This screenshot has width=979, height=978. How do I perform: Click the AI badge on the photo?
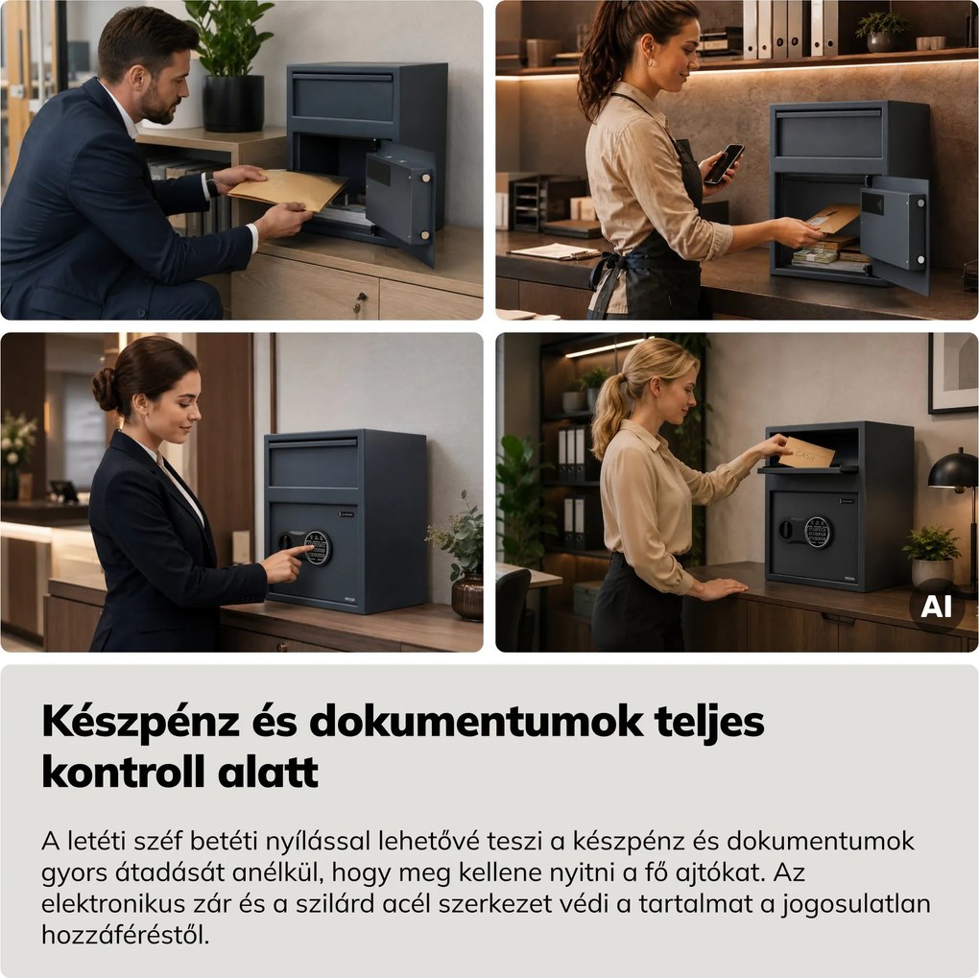pos(937,606)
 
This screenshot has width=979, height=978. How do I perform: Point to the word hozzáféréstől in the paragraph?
pos(126,936)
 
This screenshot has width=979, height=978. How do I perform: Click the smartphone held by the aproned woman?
pos(724,163)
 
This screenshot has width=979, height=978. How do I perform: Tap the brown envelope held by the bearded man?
pos(287,190)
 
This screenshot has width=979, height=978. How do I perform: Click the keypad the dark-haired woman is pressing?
pos(317,548)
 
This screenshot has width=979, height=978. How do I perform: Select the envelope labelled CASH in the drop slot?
pos(806,452)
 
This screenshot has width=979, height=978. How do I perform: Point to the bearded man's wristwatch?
pos(212,185)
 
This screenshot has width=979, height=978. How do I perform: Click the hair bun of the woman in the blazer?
pos(104,389)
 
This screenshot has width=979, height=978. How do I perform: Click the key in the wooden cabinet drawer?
pos(359,303)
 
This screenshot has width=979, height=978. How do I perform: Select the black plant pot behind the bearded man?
pos(233,104)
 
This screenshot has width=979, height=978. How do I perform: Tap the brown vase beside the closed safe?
pos(467,597)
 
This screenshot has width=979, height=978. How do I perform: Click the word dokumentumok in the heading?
pos(476,723)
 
